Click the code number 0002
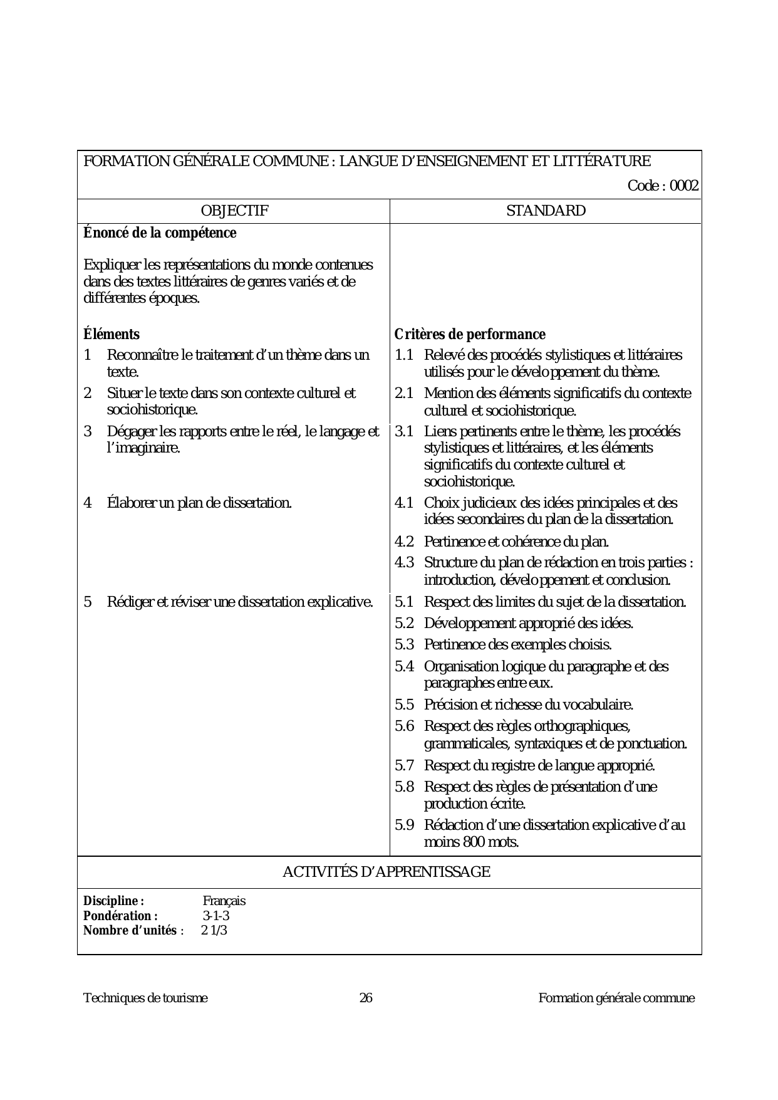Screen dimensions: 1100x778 (684, 186)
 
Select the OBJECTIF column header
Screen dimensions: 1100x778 (234, 211)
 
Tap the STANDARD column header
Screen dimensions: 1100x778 (546, 211)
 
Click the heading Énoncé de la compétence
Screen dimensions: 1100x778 (160, 233)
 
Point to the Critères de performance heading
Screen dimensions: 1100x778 (470, 335)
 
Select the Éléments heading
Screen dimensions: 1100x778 (112, 335)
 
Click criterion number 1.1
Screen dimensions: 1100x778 (404, 355)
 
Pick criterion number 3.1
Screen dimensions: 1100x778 (404, 432)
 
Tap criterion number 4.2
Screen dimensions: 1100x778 (404, 542)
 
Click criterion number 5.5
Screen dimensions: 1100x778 (404, 705)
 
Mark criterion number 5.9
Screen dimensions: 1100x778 (404, 825)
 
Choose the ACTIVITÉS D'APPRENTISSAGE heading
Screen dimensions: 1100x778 (386, 872)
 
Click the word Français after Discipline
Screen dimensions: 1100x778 (224, 901)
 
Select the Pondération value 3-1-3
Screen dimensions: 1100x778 (216, 916)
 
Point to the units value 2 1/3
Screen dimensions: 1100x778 (214, 930)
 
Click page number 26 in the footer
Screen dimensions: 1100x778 (366, 998)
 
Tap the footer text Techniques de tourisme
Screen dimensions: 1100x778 (145, 998)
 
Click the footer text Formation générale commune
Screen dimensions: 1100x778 (616, 998)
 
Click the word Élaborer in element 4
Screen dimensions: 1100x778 (131, 503)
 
